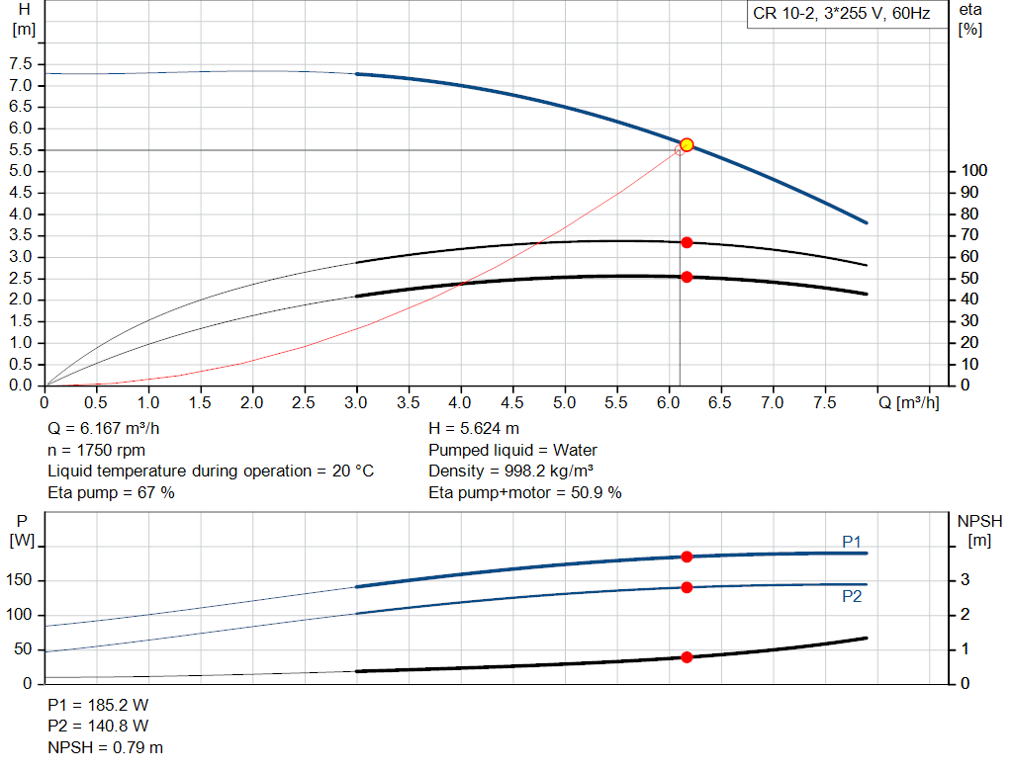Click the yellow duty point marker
[x=687, y=145]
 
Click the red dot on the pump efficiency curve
[x=687, y=242]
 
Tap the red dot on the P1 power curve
[x=687, y=557]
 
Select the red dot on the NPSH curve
[x=687, y=656]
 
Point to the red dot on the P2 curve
[x=687, y=587]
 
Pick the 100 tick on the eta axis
[x=973, y=171]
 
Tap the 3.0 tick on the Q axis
[x=356, y=403]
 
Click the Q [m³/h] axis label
[x=909, y=403]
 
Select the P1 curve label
[x=852, y=541]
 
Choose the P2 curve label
[x=852, y=597]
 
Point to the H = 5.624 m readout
[x=474, y=429]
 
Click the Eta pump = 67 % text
[x=111, y=492]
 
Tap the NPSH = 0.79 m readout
[x=106, y=747]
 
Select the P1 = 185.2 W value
[x=99, y=706]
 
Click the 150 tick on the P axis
[x=19, y=580]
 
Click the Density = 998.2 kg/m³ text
[x=510, y=471]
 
